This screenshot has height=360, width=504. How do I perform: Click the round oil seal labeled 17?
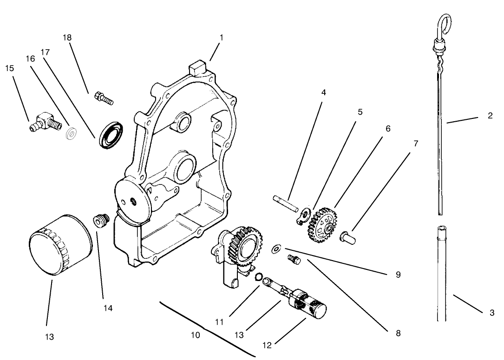click(x=111, y=135)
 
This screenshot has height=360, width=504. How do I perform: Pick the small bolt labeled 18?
click(x=104, y=98)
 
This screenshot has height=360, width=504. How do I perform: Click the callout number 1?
click(x=221, y=38)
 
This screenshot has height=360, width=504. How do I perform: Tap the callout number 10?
click(x=196, y=334)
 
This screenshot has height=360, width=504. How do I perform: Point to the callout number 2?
click(x=490, y=116)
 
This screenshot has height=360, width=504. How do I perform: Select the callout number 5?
click(x=360, y=112)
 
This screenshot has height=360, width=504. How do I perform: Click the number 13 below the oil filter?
click(x=49, y=337)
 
